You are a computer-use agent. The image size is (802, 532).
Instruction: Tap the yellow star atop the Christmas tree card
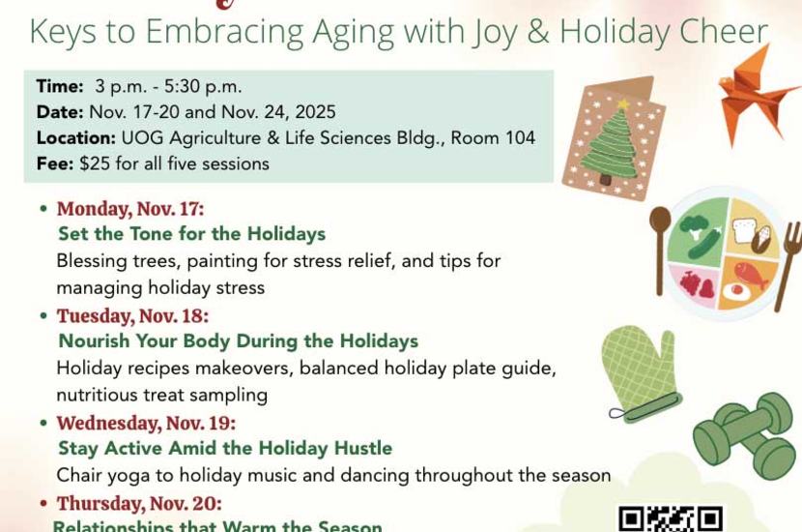pyautogui.click(x=623, y=103)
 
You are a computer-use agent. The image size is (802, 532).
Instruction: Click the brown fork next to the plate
pyautogui.click(x=788, y=266)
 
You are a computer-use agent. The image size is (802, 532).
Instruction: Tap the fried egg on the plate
pyautogui.click(x=736, y=291)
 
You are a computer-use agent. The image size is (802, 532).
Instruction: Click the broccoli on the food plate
pyautogui.click(x=694, y=227)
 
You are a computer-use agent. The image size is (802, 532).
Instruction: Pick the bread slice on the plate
pyautogui.click(x=745, y=231)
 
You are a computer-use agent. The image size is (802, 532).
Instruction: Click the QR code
pyautogui.click(x=671, y=518)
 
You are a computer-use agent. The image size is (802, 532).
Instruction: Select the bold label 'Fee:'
pyautogui.click(x=55, y=163)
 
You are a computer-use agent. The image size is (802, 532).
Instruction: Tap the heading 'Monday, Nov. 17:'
pyautogui.click(x=130, y=209)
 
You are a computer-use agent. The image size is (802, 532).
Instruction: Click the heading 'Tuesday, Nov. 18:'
pyautogui.click(x=133, y=316)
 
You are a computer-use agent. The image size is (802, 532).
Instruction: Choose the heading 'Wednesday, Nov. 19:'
pyautogui.click(x=146, y=423)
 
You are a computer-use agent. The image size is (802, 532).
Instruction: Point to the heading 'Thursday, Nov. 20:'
pyautogui.click(x=139, y=503)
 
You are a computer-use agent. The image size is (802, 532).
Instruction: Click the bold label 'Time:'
pyautogui.click(x=60, y=86)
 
